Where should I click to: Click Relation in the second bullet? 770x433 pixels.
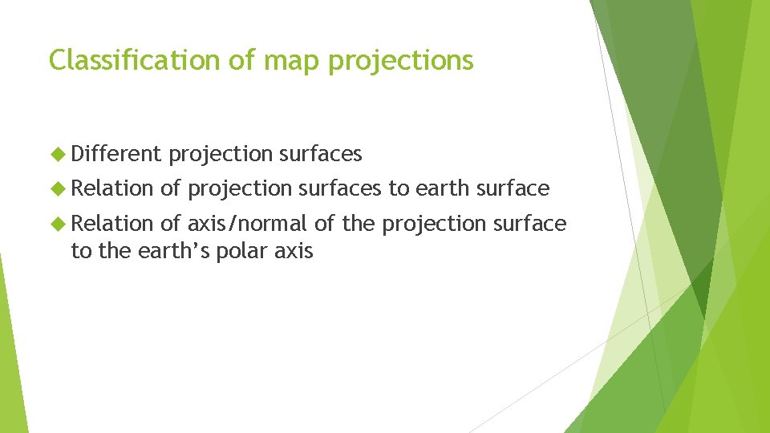point(112,188)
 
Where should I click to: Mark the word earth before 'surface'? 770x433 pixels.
point(441,188)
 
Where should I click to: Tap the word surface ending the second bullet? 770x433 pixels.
point(513,188)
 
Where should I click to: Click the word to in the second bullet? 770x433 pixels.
point(398,188)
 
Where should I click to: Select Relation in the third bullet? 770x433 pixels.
point(112,223)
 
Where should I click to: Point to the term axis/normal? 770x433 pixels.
point(247,224)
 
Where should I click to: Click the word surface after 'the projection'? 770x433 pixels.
point(529,223)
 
